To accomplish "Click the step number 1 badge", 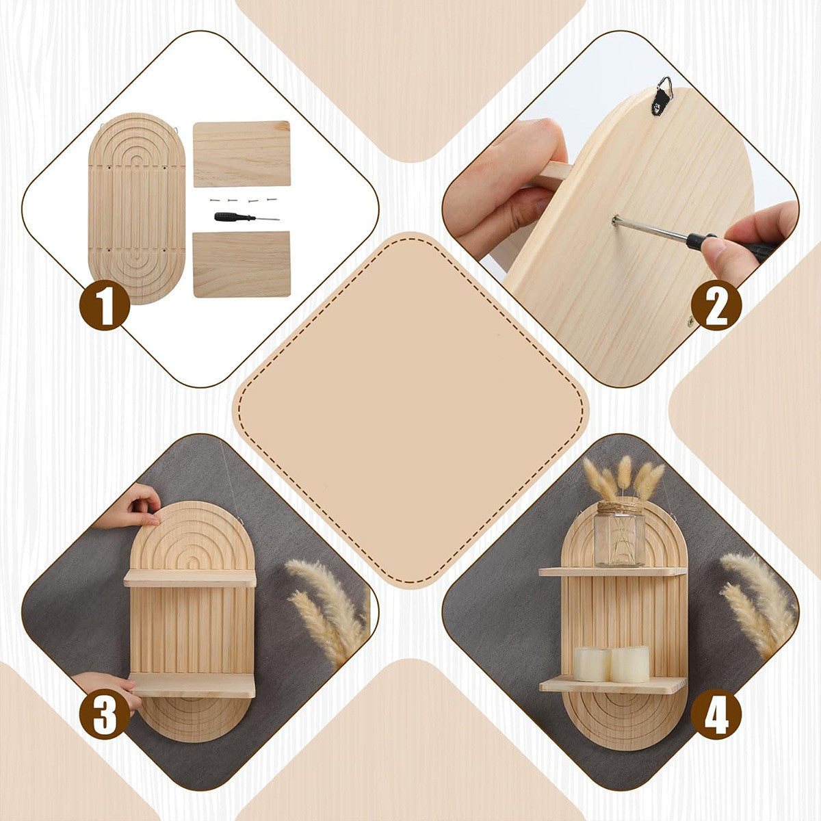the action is click(105, 304).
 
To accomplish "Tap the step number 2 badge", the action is click(716, 305).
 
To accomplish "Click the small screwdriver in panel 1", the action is click(247, 218).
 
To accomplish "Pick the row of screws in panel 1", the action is click(241, 199).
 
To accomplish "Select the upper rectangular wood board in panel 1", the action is click(242, 154).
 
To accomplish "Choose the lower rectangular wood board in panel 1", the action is click(242, 264).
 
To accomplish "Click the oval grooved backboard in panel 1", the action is click(137, 209).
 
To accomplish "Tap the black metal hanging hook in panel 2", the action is click(662, 96).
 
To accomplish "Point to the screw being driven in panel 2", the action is click(615, 220).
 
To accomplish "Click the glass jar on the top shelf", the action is click(619, 534).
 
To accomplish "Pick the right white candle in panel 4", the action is click(629, 664).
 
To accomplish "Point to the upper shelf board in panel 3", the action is click(190, 579).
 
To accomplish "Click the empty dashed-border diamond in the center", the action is click(410, 410).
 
